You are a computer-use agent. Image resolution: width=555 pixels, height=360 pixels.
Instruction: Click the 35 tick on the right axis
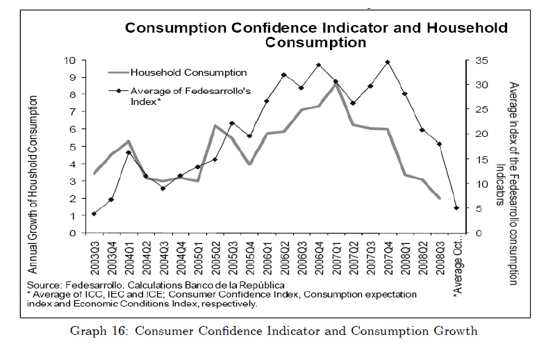472,60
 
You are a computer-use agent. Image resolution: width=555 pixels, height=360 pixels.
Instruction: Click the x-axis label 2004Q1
129,256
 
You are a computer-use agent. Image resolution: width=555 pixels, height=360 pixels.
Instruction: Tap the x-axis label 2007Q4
387,256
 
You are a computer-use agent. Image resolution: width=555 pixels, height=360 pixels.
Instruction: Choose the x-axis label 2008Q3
439,256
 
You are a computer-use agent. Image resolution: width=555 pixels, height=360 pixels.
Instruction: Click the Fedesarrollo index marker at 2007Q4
387,63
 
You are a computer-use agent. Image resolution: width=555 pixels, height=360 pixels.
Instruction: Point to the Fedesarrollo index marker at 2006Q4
318,65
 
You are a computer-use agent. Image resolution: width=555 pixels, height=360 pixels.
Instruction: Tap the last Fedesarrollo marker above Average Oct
456,208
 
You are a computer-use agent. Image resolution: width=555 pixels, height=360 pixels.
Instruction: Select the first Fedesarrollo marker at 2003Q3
94,214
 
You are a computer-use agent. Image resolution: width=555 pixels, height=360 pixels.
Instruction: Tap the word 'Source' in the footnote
44,286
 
